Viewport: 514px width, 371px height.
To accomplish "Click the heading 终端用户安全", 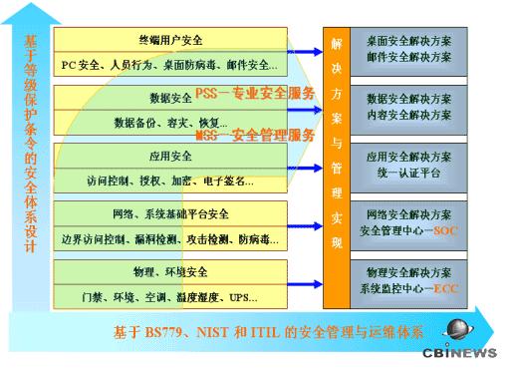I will (169, 41).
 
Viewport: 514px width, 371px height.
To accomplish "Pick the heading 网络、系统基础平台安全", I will (170, 214).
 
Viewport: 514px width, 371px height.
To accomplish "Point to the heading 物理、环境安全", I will (170, 272).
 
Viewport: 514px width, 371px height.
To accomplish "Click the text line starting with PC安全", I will (169, 65).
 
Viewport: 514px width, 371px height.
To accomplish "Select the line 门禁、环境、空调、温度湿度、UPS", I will (169, 297).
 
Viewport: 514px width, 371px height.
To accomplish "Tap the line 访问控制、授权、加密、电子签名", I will (169, 182).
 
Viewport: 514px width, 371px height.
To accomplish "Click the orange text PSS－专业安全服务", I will (255, 94).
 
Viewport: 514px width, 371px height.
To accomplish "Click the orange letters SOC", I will (443, 231).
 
